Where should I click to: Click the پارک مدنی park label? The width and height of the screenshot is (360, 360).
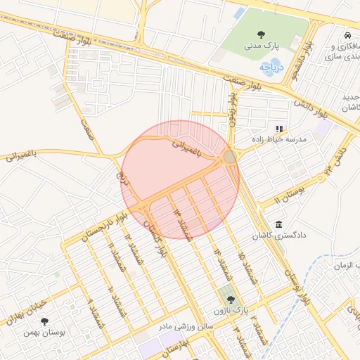coord(262,45)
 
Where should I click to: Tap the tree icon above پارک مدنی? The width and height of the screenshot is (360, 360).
coord(262,34)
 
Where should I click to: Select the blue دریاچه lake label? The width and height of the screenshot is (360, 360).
coord(269,67)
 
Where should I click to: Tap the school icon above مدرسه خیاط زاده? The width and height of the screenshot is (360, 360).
coord(279,129)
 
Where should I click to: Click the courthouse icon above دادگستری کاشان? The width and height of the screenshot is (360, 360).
coord(279,224)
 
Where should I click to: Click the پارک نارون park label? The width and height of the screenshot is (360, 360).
coord(231,310)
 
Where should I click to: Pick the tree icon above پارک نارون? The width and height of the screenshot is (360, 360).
coord(231,300)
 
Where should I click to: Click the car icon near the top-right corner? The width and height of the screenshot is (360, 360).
coord(347,35)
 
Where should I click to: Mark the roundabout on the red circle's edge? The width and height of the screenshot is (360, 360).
coord(230,156)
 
